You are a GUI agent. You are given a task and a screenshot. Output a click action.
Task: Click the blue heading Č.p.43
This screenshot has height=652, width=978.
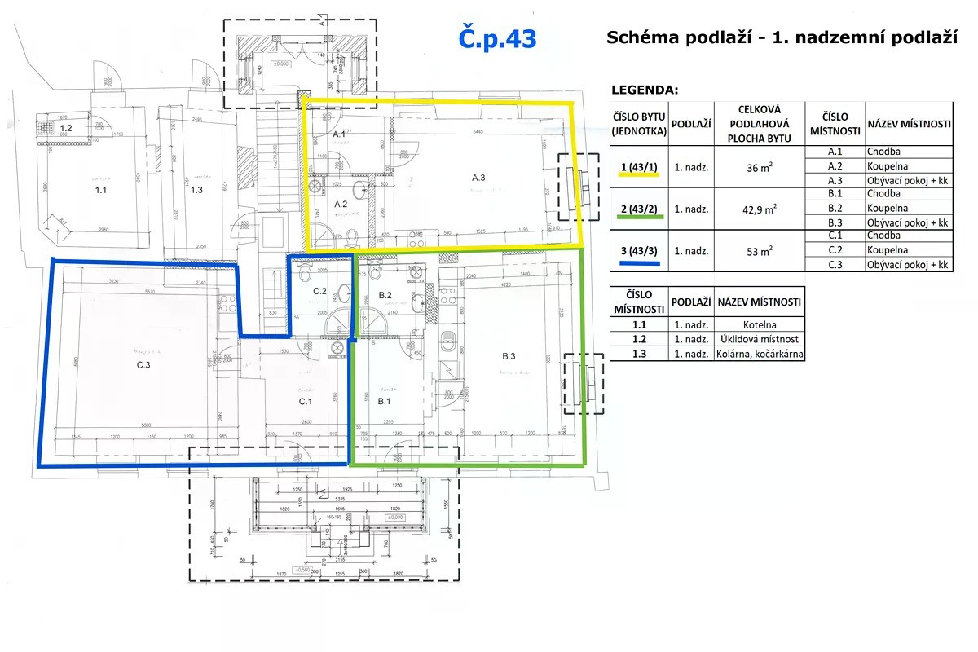tap(498, 38)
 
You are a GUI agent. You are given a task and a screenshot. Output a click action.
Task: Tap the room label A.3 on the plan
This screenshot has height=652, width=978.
tap(478, 178)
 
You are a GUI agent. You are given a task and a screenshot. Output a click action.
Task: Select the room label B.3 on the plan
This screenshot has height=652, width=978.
tap(509, 356)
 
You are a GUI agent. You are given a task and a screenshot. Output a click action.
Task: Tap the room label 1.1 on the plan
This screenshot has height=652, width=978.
tap(101, 190)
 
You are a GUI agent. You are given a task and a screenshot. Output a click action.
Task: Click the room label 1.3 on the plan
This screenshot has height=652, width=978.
tap(196, 190)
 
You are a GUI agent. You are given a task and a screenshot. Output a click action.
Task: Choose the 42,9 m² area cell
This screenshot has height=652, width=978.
tap(760, 209)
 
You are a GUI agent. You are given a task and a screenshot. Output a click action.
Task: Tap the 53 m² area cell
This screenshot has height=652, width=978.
tap(760, 251)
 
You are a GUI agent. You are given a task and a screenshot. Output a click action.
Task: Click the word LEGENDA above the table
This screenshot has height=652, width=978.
tap(644, 90)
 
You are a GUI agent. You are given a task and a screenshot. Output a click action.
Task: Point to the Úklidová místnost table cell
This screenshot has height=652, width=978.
tap(760, 340)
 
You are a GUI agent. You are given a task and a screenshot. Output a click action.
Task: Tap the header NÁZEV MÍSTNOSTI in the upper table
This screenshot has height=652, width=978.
tap(909, 124)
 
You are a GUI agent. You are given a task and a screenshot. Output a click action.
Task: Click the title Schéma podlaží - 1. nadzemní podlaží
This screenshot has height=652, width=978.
tap(781, 37)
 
